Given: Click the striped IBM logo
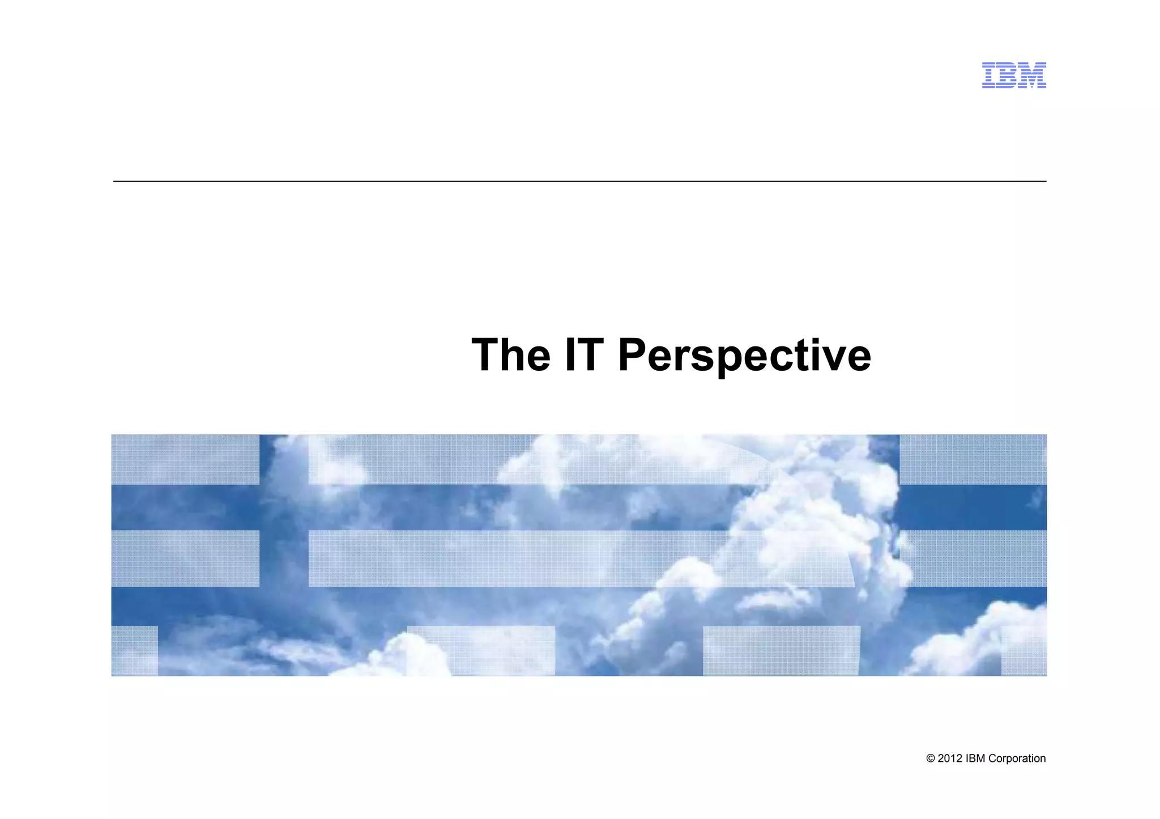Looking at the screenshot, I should pos(1013,75).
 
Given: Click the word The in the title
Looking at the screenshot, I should pos(510,355).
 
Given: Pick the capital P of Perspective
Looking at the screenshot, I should pos(633,355).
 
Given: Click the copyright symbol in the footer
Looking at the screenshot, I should pos(930,759).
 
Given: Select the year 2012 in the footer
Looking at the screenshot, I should pos(950,759).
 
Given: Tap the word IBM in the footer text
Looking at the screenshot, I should pos(975,759).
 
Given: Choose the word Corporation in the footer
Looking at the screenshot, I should pos(1017,759).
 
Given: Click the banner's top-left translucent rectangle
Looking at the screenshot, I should pos(185,460).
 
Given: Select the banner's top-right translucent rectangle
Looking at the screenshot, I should pos(973,460).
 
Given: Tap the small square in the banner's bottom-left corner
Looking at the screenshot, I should pos(134,651).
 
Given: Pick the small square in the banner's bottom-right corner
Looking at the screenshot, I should pos(1023,651).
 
